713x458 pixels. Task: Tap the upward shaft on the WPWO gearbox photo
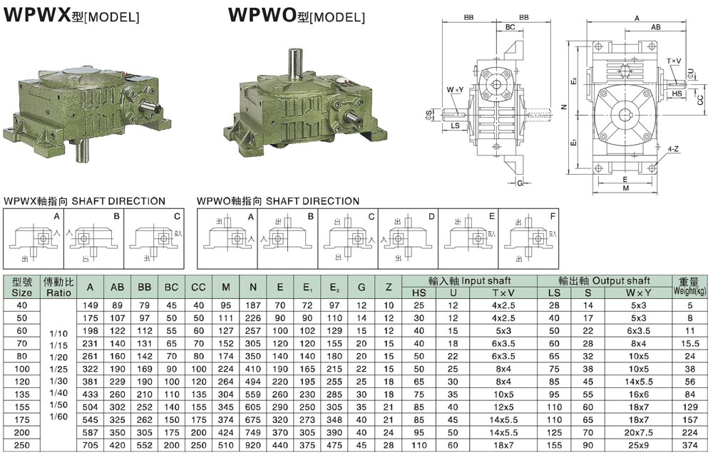(294, 60)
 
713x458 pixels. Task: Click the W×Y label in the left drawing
(455, 90)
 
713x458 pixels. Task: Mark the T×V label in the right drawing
(673, 61)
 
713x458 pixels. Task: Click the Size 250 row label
(22, 445)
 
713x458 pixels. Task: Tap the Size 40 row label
(22, 305)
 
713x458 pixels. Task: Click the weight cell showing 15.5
(689, 343)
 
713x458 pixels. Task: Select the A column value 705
(90, 445)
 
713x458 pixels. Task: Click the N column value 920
(253, 445)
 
